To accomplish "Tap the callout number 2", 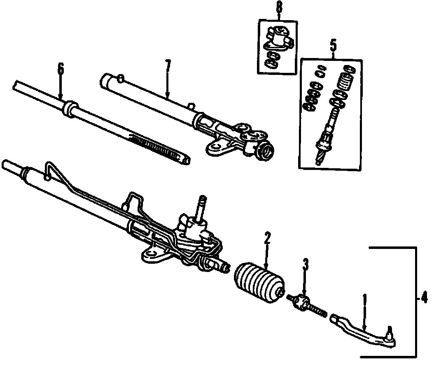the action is pos(267,238).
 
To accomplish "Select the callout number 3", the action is pos(305,265).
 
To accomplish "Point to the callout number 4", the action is pos(425,297).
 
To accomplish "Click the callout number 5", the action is pos(333,44).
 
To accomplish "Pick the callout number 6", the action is pos(61,69).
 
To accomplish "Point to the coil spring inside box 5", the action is pos(345,82).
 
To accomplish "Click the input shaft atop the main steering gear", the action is pos(202,205).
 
